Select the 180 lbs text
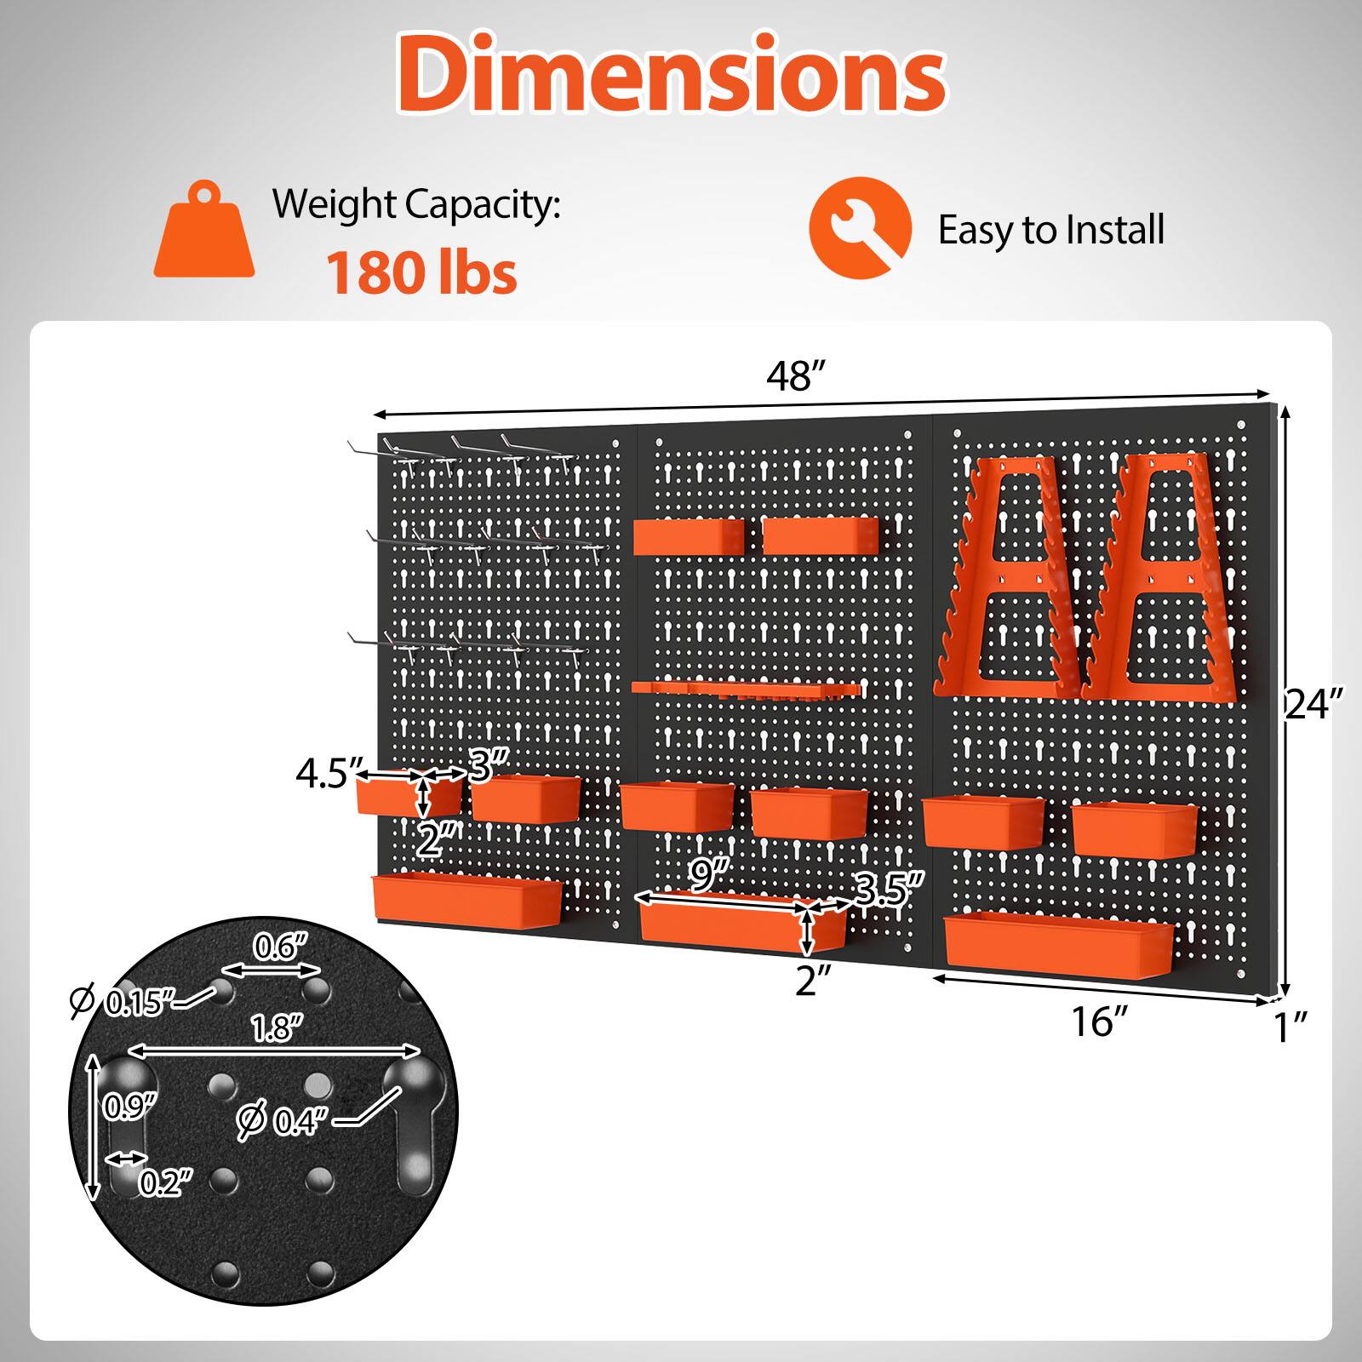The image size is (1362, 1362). [421, 272]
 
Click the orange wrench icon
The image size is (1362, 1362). [860, 228]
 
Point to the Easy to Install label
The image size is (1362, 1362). [1050, 230]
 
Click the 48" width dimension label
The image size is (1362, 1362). [796, 376]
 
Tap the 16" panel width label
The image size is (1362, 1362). [1099, 1021]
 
